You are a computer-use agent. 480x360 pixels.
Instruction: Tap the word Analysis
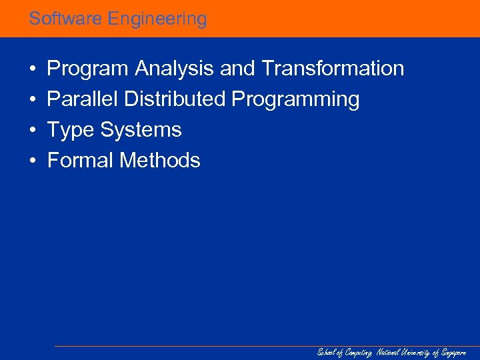(174, 69)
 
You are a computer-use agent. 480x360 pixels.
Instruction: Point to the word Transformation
(333, 69)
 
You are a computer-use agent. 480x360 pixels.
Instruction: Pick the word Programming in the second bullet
(295, 99)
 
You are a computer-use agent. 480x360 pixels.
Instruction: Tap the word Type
(71, 130)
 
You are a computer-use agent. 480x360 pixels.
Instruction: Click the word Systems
(141, 130)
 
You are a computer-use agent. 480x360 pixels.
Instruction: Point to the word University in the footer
(417, 352)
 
